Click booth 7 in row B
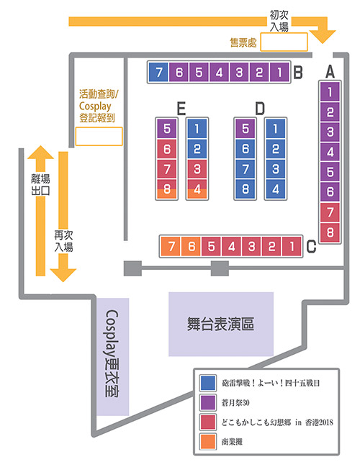(158, 72)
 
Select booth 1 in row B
(279, 72)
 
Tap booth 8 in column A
(330, 232)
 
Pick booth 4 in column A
(330, 152)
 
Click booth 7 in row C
(171, 246)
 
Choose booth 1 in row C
(292, 246)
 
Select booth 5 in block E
(167, 129)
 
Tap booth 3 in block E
(197, 169)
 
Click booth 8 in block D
(246, 189)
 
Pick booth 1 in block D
(275, 129)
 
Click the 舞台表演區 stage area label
(220, 324)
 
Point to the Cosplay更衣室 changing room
(113, 357)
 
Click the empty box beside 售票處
(284, 42)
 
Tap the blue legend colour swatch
(207, 383)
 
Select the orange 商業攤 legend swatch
(207, 441)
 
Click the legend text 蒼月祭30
(235, 402)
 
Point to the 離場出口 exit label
(40, 184)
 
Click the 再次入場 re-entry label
(63, 241)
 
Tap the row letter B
(298, 72)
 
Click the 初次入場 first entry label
(279, 21)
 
